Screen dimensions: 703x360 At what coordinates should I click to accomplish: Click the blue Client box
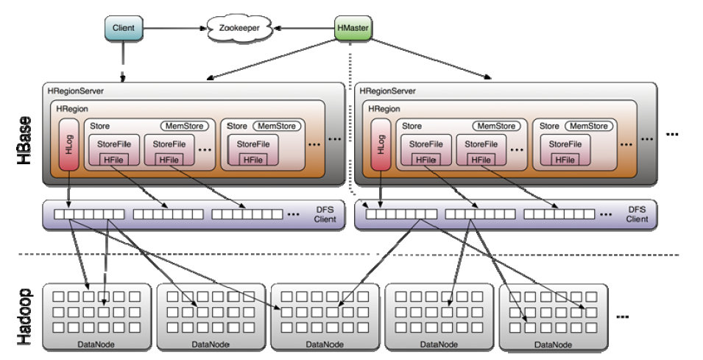tap(124, 28)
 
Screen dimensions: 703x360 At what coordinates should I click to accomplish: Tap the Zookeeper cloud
tap(239, 28)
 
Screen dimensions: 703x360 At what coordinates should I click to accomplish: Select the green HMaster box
tap(353, 28)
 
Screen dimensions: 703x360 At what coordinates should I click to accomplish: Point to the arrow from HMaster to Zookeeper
tap(304, 28)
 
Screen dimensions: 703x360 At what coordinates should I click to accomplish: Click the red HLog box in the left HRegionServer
tap(68, 145)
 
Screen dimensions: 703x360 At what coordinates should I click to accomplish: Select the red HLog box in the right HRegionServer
tap(381, 145)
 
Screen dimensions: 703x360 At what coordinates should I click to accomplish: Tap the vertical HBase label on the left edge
tap(24, 140)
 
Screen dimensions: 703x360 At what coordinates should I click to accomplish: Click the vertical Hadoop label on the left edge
tap(24, 317)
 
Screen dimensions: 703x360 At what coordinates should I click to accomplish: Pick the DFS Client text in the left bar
tap(325, 214)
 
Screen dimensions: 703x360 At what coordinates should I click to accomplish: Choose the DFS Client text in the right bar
tap(637, 214)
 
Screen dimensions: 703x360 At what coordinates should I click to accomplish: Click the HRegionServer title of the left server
tap(75, 91)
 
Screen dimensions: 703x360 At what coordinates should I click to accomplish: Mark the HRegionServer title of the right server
tap(387, 91)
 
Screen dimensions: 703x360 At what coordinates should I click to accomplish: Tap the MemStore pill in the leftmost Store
tap(184, 126)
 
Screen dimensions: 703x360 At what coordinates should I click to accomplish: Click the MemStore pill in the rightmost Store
tap(589, 126)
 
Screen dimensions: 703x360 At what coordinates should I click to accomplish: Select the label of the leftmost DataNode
tap(96, 345)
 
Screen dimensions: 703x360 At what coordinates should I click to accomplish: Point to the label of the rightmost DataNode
tap(554, 345)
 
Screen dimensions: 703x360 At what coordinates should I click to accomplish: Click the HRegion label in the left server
tap(72, 109)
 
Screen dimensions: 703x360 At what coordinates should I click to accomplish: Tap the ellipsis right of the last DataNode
tap(623, 317)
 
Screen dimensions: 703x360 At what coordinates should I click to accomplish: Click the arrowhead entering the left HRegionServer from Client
tap(122, 79)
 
